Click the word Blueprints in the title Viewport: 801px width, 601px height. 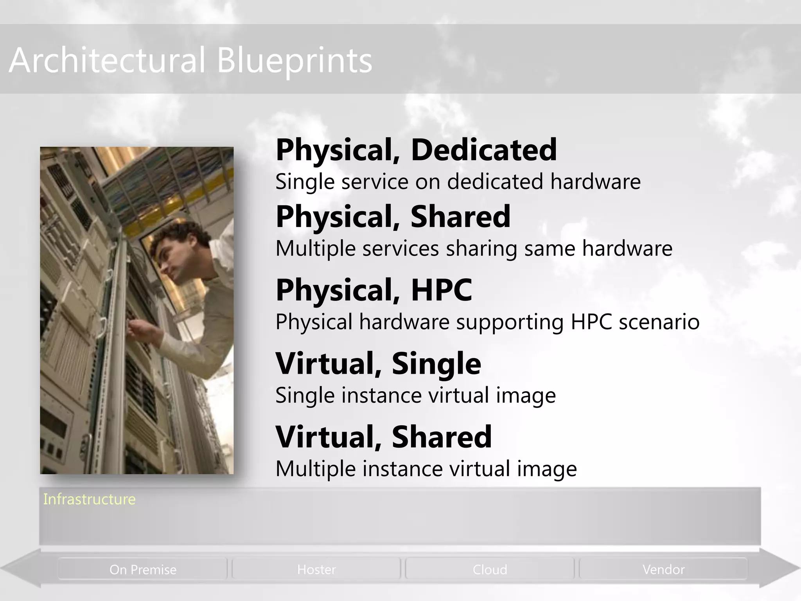point(294,61)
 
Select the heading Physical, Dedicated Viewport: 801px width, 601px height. point(416,150)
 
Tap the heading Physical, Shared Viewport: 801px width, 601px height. point(393,217)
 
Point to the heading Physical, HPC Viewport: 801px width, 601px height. point(374,290)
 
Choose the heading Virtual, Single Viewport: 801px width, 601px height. point(378,363)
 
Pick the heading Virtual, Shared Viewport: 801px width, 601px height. point(384,437)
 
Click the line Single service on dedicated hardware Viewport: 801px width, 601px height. point(458,182)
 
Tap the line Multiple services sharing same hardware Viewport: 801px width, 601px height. point(474,249)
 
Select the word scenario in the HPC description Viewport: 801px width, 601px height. point(659,322)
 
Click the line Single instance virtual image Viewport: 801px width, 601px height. point(415,396)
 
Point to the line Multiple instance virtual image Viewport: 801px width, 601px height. point(426,469)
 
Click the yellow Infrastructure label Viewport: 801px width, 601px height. point(89,500)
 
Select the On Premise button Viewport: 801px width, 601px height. point(143,570)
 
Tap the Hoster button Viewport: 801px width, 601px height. point(316,570)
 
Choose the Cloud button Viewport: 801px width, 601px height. point(490,570)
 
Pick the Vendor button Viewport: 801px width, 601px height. point(663,570)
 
